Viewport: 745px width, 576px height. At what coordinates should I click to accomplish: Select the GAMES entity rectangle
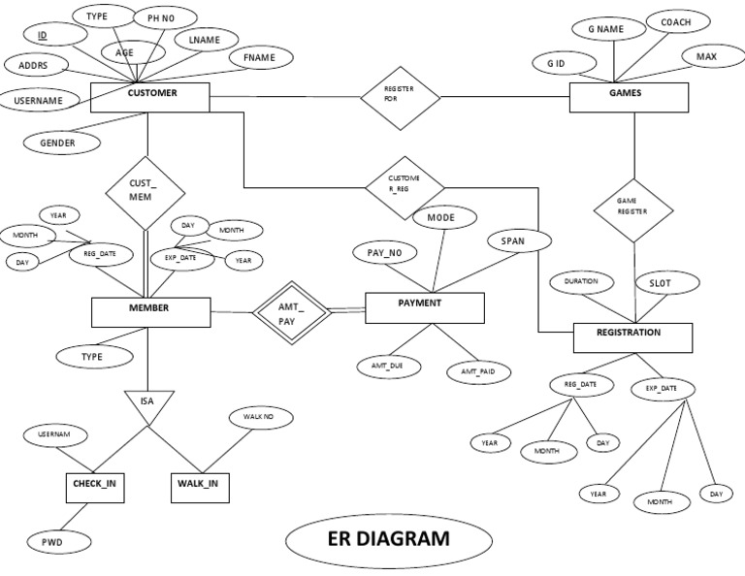[629, 97]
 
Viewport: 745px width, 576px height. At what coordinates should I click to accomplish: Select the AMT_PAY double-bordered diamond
[287, 312]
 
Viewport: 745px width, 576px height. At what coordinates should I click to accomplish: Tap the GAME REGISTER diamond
[632, 208]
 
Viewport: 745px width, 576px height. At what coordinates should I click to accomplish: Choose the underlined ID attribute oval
[44, 36]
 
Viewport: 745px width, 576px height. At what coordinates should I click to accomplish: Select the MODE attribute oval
[441, 218]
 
